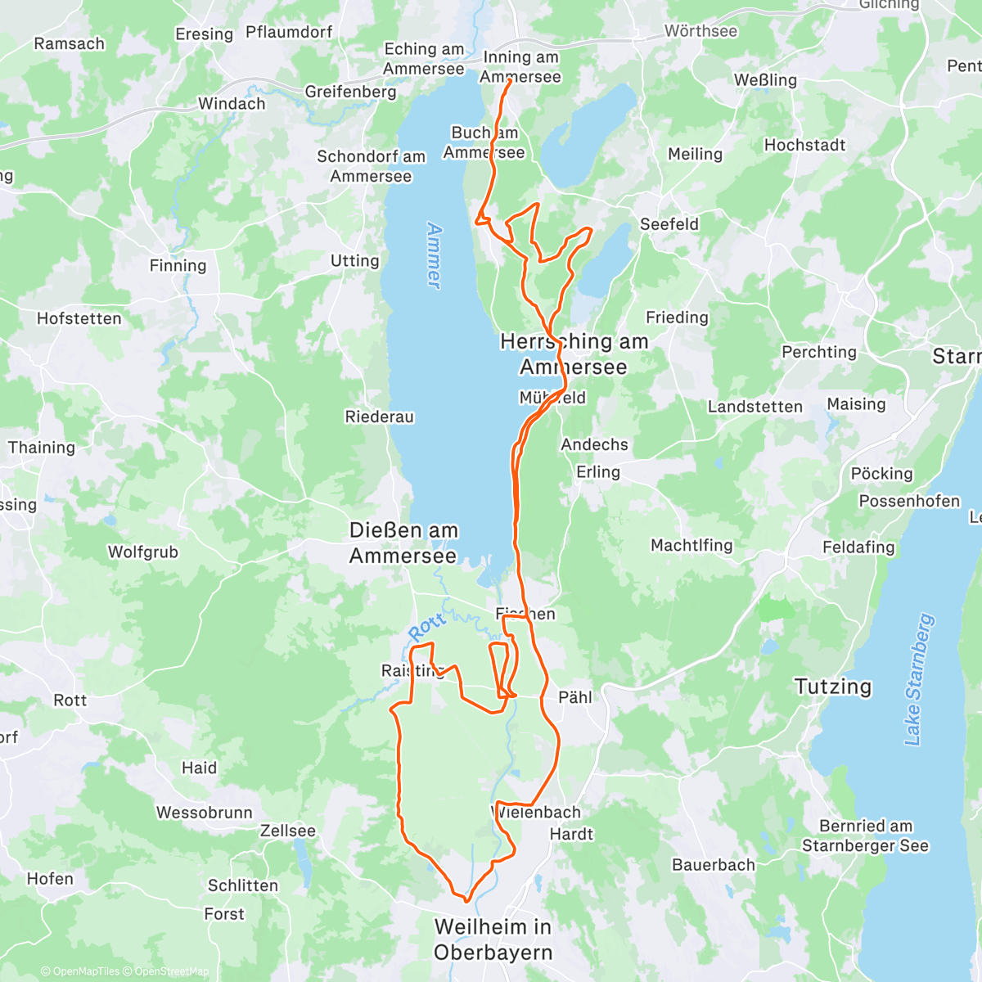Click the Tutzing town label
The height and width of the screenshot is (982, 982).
[833, 687]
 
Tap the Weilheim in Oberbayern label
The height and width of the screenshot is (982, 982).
[493, 939]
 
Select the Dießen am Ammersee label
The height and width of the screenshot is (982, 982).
[403, 543]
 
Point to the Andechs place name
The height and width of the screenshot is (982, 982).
[594, 444]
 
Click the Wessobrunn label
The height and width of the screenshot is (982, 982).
[205, 813]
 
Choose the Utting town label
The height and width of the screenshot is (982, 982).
[354, 261]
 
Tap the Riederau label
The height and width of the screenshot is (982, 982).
[379, 417]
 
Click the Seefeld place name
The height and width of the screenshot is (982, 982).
[669, 224]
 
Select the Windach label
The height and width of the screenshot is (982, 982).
[232, 104]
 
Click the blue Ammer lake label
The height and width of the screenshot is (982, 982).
[434, 255]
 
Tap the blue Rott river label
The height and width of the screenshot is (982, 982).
[426, 627]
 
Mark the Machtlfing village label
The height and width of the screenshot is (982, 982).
[691, 545]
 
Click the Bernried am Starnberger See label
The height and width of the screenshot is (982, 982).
[865, 836]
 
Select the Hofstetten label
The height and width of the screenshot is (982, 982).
[79, 318]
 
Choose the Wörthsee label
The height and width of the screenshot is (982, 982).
[700, 31]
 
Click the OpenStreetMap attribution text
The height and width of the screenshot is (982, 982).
[171, 971]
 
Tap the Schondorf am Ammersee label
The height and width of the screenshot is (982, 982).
[372, 166]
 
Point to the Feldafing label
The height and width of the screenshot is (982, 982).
[858, 547]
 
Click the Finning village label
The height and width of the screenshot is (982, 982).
[178, 265]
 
